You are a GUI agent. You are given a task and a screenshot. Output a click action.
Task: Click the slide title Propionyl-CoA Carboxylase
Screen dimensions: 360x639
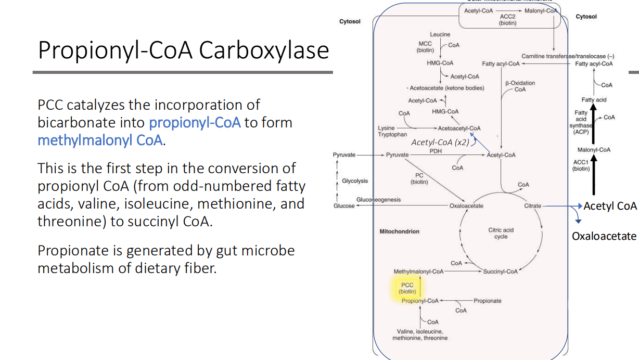click(183, 51)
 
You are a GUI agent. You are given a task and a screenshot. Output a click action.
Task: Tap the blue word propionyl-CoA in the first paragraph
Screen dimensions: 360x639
click(195, 123)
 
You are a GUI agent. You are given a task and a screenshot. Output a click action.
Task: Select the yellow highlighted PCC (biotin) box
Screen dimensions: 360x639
click(407, 288)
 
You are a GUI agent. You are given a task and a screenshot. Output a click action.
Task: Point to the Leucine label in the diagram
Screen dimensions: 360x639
click(440, 34)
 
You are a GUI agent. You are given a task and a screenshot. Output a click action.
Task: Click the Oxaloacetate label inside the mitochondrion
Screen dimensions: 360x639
click(466, 206)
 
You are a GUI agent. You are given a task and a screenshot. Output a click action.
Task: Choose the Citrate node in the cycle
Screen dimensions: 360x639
click(532, 206)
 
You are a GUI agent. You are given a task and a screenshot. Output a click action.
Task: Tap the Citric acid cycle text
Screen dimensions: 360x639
click(501, 233)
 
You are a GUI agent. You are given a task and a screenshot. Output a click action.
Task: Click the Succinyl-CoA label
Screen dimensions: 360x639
click(500, 272)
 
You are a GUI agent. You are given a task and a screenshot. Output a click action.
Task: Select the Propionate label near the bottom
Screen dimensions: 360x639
click(487, 301)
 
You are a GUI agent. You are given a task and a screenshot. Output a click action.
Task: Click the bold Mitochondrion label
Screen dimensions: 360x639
click(400, 232)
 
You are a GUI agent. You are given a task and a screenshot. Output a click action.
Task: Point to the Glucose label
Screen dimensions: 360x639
click(344, 206)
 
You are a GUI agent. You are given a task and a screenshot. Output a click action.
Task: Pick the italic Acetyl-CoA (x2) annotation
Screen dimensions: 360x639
click(440, 143)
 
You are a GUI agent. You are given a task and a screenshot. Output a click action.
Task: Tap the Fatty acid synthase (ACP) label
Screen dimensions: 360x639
click(581, 122)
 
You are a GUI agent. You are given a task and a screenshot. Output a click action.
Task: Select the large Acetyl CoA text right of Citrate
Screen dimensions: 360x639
click(610, 206)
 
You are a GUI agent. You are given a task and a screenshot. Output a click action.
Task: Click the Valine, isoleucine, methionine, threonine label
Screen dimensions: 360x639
click(419, 335)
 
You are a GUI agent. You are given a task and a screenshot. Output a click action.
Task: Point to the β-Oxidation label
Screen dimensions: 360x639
click(519, 83)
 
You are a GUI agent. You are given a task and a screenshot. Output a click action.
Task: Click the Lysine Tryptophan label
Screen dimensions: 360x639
click(392, 131)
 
